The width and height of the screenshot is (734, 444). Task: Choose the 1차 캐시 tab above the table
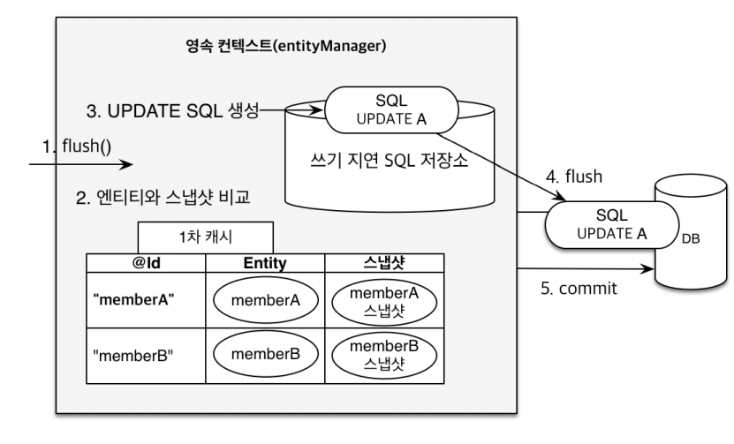(x=204, y=236)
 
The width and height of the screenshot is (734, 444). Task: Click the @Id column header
(x=146, y=261)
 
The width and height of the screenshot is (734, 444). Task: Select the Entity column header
(x=266, y=261)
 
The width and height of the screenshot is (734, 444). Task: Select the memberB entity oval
(x=266, y=354)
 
